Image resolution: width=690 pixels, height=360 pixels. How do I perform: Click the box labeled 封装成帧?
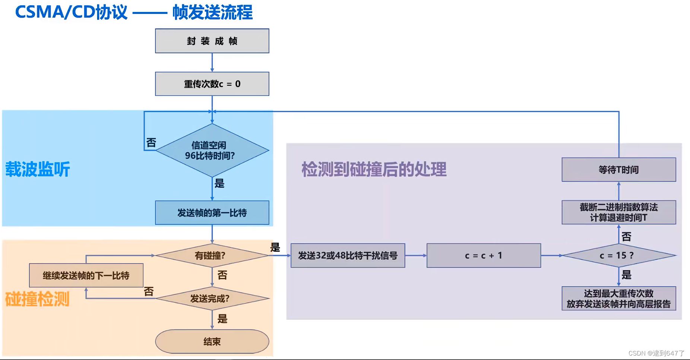point(212,41)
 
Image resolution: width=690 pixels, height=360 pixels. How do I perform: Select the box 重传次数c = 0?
point(212,84)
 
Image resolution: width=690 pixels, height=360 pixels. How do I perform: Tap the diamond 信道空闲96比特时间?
point(212,150)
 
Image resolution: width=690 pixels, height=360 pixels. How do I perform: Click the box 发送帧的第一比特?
point(212,213)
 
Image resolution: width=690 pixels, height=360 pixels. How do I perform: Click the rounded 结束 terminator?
point(212,341)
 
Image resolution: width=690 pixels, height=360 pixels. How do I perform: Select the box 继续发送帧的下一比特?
point(86,275)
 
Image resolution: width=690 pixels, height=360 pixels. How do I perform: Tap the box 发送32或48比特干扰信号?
point(348,256)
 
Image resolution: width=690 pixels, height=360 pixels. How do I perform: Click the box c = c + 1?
point(484,256)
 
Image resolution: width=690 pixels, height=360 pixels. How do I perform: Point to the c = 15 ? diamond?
point(618,256)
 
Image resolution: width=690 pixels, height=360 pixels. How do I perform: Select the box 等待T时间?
point(618,170)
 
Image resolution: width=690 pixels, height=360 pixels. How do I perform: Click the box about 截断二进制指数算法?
point(618,212)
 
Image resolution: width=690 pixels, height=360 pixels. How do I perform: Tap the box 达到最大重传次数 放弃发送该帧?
point(618,299)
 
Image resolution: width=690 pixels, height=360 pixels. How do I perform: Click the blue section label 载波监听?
point(38,169)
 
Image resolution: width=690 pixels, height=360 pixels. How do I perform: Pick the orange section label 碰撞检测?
point(37,299)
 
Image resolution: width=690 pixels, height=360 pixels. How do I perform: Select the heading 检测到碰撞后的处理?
point(374,170)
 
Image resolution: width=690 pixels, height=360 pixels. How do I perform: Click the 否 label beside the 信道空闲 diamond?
point(151,143)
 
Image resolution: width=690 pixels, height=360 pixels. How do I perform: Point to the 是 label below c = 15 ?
point(627,275)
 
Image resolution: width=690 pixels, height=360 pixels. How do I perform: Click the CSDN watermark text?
point(656,353)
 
